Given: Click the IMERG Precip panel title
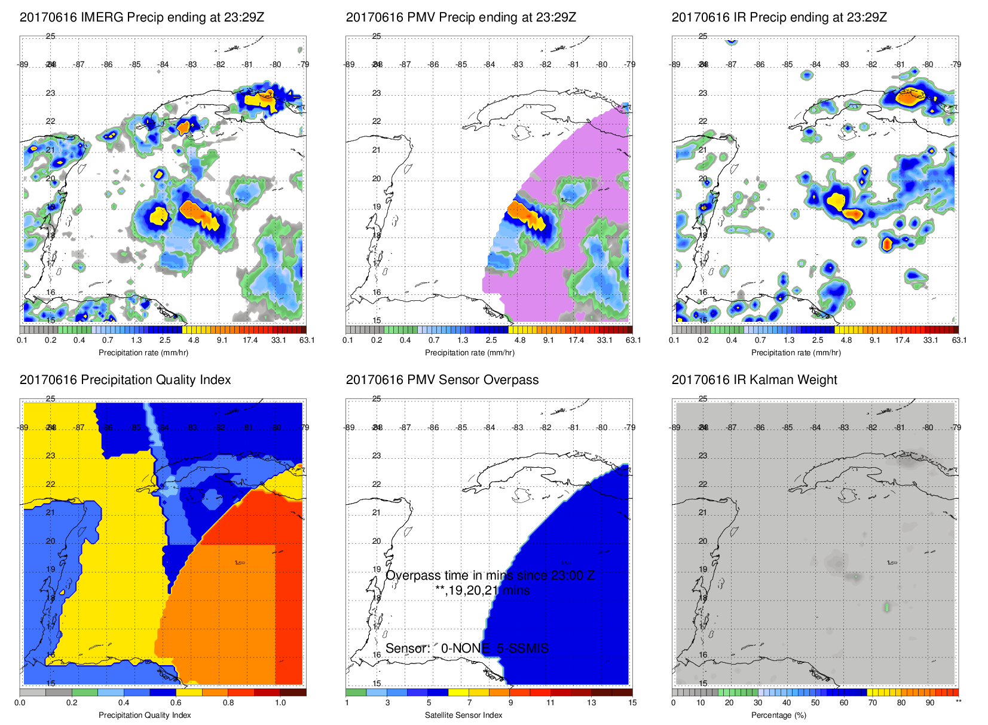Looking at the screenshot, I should (142, 17).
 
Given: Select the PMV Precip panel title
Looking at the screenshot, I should (461, 17).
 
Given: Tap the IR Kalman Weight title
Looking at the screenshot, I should (754, 380).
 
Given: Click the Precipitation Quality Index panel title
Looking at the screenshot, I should (125, 380).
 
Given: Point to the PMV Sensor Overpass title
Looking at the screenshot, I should (442, 380).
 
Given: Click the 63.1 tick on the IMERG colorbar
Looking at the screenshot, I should (307, 340).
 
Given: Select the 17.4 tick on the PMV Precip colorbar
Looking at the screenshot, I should (576, 340).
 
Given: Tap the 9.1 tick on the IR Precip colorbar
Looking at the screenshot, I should (874, 340).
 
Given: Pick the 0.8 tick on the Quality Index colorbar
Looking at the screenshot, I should (228, 703).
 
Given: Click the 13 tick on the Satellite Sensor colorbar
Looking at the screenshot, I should (591, 703).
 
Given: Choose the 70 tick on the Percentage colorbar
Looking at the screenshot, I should (873, 703).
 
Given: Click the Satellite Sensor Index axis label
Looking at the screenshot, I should (464, 715).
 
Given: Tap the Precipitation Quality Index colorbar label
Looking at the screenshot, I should (145, 715).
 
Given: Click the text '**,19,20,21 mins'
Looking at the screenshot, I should (482, 591).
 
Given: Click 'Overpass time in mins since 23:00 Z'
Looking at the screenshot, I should (490, 575).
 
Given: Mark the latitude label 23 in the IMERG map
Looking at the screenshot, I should (51, 93).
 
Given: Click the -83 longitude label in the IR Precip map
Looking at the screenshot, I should (844, 65).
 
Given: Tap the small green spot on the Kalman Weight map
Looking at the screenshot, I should (887, 607).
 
